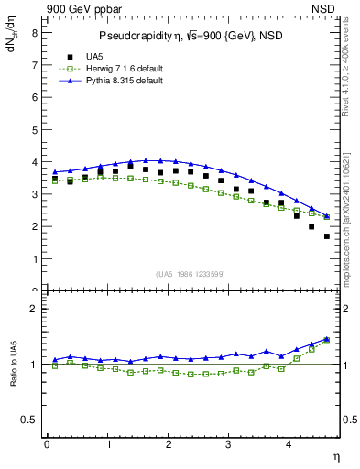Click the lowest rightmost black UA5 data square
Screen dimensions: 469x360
coord(327,236)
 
